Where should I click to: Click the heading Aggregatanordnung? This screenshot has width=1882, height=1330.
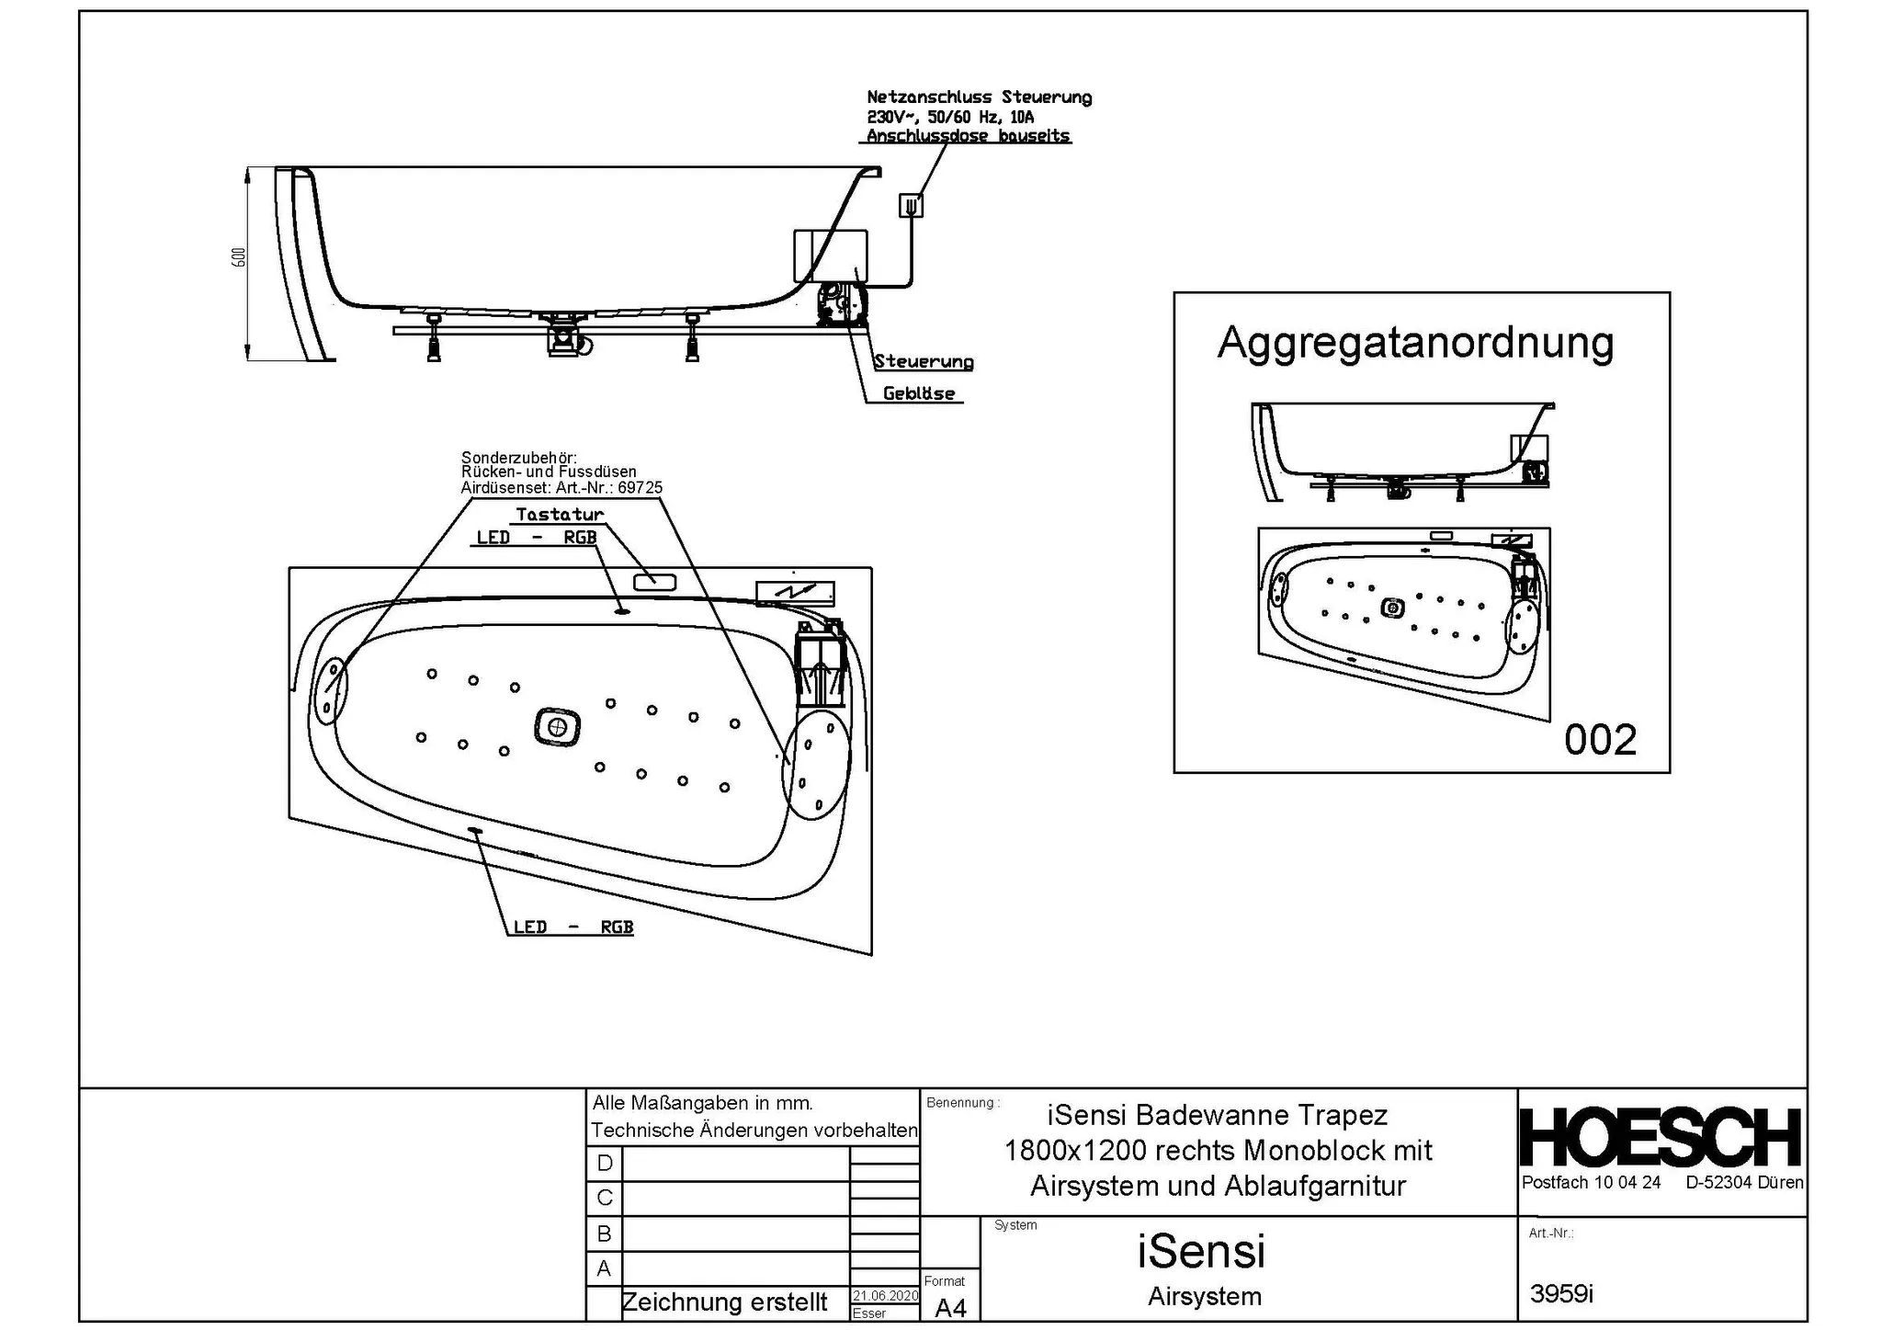coord(1415,343)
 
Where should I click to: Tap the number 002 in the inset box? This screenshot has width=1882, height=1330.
coord(1600,740)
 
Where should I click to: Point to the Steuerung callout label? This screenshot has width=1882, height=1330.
coord(924,361)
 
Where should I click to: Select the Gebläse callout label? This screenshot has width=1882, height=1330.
coord(919,393)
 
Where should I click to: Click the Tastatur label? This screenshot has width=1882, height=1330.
coord(560,515)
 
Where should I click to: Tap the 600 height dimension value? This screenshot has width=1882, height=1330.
coord(239,257)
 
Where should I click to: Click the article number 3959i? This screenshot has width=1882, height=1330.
coord(1561,1294)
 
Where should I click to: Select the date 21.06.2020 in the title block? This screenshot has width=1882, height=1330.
coord(885,1296)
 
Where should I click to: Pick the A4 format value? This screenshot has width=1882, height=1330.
coord(949,1308)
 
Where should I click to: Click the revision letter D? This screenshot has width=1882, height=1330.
coord(604,1164)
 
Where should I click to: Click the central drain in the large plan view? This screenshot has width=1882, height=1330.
coord(557,727)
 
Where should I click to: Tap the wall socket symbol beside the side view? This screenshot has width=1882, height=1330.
coord(911,205)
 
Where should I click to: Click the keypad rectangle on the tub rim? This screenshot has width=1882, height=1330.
coord(654,581)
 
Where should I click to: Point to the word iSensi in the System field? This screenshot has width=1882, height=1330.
coord(1201,1252)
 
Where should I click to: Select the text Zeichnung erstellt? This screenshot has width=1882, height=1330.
coord(724,1302)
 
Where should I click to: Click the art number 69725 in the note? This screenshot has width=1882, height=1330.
coord(640,488)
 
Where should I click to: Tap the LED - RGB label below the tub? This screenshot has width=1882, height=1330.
coord(573,927)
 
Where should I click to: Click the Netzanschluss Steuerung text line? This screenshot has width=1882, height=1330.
coord(979,97)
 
